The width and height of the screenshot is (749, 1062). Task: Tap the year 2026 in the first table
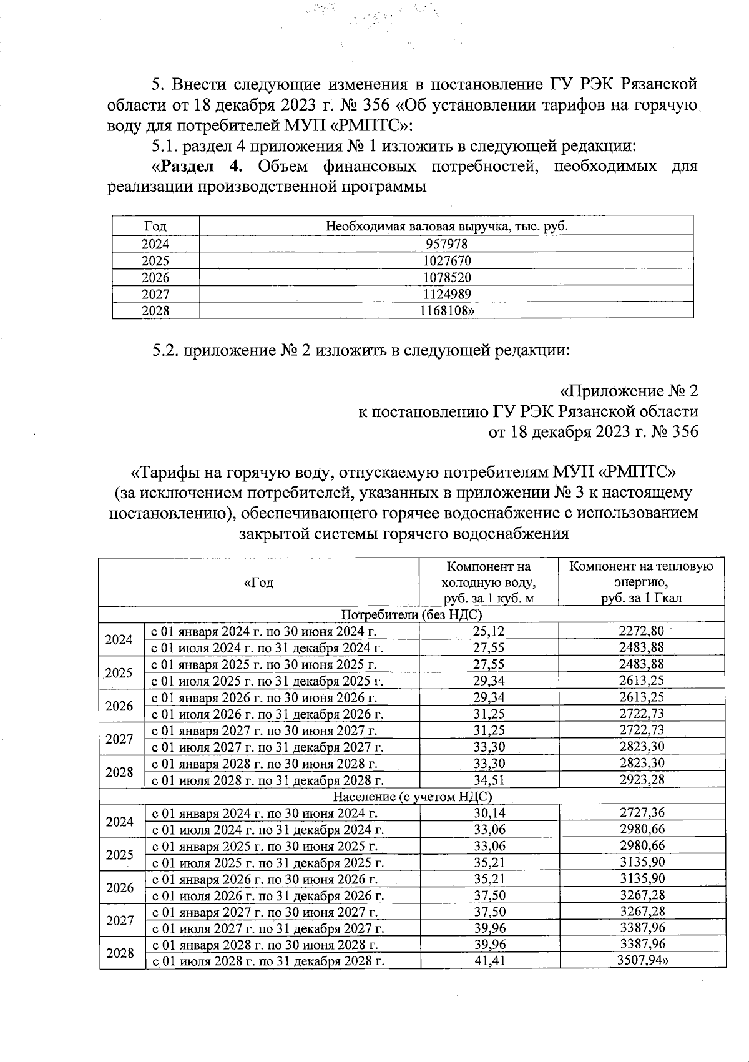click(155, 277)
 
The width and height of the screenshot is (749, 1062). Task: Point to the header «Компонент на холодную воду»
click(489, 582)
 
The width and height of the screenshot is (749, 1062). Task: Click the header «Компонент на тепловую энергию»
click(642, 582)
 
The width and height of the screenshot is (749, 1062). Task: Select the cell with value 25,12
click(489, 631)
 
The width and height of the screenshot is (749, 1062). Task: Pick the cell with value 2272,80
click(642, 631)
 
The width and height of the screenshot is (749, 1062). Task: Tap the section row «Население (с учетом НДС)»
click(412, 797)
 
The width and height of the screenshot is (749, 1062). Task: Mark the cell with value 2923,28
click(642, 779)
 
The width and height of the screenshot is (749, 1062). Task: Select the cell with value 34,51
click(489, 779)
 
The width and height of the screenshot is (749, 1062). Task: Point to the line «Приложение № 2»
click(629, 391)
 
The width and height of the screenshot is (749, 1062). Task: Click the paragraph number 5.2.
click(165, 350)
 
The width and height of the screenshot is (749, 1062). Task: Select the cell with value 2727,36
click(642, 813)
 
